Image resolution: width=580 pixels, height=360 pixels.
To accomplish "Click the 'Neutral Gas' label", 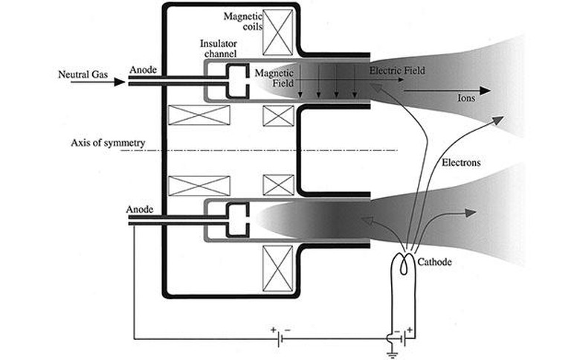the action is click(x=83, y=74).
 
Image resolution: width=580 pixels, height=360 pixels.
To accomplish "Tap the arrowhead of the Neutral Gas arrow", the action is click(x=120, y=82).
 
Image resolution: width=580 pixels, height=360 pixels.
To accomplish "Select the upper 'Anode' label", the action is click(x=143, y=70).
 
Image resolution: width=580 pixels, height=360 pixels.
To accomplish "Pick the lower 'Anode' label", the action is click(x=140, y=210).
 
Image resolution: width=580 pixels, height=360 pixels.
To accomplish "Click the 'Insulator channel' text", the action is click(x=219, y=48).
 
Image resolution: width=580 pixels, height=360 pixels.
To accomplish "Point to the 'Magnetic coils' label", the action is click(x=242, y=22).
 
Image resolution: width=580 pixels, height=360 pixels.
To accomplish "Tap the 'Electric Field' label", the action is click(x=397, y=71).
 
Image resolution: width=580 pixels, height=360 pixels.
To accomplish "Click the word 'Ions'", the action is click(x=466, y=98).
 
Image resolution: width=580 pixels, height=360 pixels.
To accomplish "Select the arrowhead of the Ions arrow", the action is click(x=485, y=90).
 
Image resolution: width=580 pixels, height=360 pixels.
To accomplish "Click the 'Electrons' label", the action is click(x=461, y=162).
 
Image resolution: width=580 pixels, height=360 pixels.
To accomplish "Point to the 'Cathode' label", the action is click(x=434, y=262).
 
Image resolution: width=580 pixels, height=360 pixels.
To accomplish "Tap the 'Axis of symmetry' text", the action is click(x=108, y=143).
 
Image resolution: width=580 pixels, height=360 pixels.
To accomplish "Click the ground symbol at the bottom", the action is click(x=392, y=356).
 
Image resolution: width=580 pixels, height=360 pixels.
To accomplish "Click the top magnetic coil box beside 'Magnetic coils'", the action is click(x=277, y=33).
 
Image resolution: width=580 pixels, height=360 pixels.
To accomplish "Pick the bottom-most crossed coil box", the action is click(x=277, y=269).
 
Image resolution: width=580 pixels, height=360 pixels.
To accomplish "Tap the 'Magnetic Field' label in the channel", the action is click(x=274, y=78).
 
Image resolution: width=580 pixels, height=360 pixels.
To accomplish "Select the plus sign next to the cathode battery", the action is click(x=410, y=330).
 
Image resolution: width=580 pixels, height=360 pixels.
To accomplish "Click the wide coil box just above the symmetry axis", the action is click(x=199, y=115).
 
